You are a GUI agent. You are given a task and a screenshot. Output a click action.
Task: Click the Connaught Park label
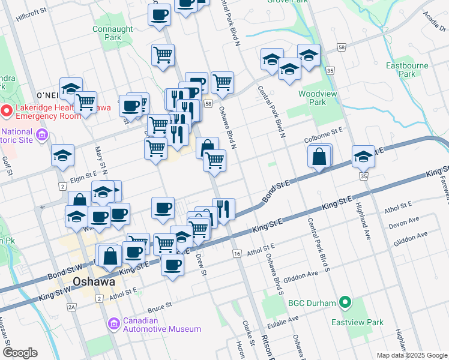pyautogui.click(x=113, y=33)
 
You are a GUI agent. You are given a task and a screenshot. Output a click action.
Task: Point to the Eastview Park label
pyautogui.click(x=357, y=322)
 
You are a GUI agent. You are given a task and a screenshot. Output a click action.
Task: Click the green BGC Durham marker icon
pyautogui.click(x=345, y=303)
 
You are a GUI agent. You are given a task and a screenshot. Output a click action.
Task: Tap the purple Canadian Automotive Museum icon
pyautogui.click(x=113, y=325)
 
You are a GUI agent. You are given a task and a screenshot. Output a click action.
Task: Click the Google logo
pyautogui.click(x=19, y=353)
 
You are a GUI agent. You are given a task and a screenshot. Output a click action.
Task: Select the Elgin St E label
pyautogui.click(x=82, y=176)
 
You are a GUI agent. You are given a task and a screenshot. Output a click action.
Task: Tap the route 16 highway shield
pyautogui.click(x=237, y=254)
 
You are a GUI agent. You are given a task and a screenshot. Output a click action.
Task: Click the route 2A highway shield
pyautogui.click(x=71, y=308)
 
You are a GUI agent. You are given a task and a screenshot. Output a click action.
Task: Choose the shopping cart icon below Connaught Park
pyautogui.click(x=163, y=55)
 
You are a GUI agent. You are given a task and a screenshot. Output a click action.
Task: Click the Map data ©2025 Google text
pyautogui.click(x=411, y=355)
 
